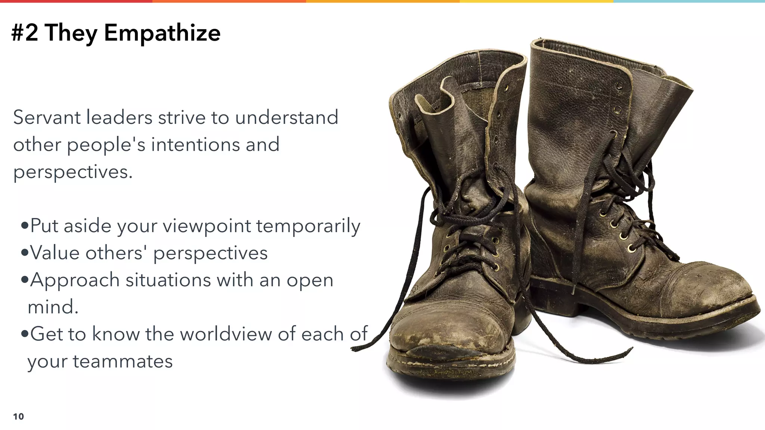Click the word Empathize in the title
point(162,33)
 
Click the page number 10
point(18,417)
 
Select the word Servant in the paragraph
point(47,118)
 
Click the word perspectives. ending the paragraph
point(73,172)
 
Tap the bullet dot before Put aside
point(25,226)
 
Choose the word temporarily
point(308,226)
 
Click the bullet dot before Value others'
point(25,253)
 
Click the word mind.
point(53,307)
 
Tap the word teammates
point(123,361)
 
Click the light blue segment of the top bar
point(689,1)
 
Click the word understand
point(287,118)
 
